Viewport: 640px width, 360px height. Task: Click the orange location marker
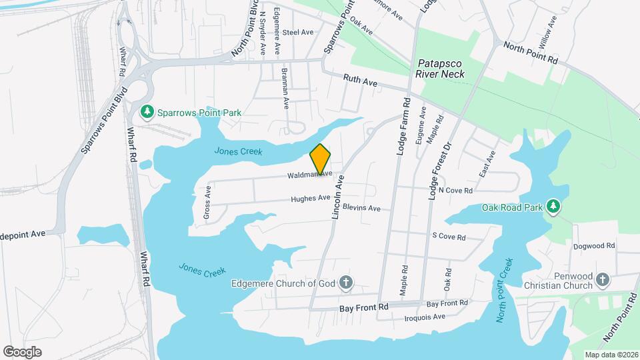(x=321, y=159)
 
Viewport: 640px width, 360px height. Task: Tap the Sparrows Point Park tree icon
(x=148, y=113)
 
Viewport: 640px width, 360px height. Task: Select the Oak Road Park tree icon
(x=553, y=207)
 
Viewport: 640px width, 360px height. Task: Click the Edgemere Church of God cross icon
(x=346, y=283)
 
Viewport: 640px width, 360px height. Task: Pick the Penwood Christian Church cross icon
(x=603, y=281)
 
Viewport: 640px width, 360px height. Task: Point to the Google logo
(x=22, y=351)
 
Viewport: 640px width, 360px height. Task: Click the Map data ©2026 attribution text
(x=611, y=354)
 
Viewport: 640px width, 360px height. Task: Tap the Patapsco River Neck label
(x=440, y=69)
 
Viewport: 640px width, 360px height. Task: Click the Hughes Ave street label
(x=310, y=198)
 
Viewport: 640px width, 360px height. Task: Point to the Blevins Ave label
(x=362, y=208)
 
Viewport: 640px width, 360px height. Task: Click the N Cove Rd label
(x=455, y=191)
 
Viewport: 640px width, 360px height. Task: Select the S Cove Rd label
(x=449, y=236)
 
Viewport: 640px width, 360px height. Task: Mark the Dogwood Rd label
(x=593, y=246)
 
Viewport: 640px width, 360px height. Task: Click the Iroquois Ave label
(x=425, y=317)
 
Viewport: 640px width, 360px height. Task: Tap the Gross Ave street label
(x=207, y=203)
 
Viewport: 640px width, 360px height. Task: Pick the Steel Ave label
(x=297, y=32)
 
